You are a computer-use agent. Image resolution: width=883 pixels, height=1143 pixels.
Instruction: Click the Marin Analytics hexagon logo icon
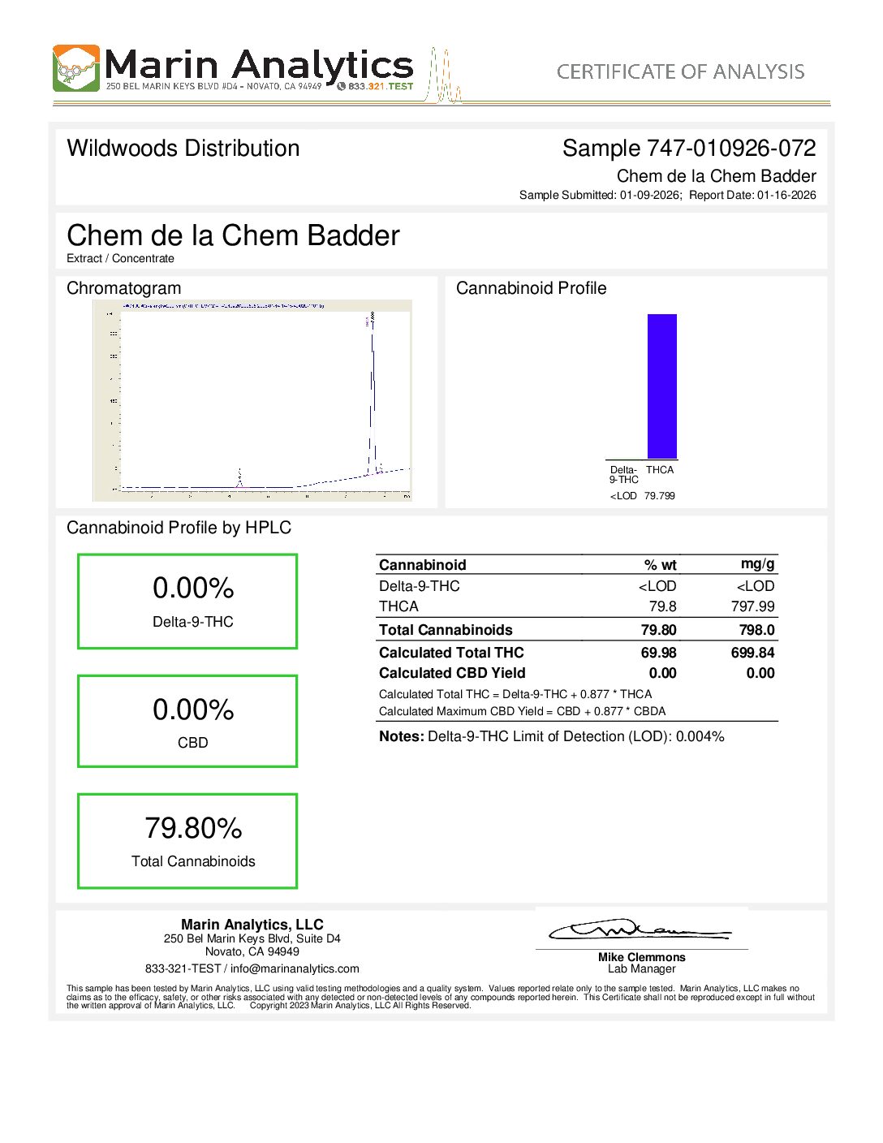pos(76,68)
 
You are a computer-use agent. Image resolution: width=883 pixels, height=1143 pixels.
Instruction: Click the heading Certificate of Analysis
pos(680,71)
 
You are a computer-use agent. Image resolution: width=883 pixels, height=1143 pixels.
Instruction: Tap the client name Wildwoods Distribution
pos(183,148)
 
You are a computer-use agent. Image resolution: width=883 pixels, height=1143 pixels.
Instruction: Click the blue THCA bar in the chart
pos(661,386)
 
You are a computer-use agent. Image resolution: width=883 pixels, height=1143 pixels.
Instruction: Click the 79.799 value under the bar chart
pos(659,495)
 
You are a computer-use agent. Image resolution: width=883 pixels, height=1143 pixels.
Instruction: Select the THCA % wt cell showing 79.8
pos(662,606)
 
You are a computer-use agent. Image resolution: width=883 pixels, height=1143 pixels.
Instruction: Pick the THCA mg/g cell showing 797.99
pos(752,606)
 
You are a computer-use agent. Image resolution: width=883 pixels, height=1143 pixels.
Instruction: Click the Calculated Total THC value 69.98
pos(658,653)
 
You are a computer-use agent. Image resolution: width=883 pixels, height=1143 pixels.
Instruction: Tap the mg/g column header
pos(757,564)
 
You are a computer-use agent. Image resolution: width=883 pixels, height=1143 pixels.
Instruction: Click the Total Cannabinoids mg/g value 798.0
pos(756,630)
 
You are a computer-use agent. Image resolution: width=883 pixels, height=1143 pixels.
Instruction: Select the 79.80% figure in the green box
pos(193,828)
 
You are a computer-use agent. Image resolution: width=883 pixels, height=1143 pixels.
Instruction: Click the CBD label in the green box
pos(193,743)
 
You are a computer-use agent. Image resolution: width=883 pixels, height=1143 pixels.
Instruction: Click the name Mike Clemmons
pos(641,957)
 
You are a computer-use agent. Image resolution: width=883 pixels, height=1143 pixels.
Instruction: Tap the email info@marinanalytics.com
pos(295,968)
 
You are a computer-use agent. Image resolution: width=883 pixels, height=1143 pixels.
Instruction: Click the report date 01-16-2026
pos(786,195)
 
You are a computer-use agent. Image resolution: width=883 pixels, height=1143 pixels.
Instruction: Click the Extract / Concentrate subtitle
pos(120,258)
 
